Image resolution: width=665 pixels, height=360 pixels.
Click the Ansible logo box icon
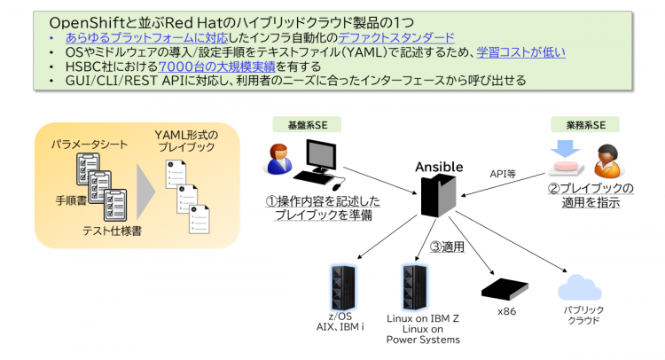pos(438,196)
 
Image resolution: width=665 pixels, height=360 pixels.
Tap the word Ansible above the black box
pos(439,167)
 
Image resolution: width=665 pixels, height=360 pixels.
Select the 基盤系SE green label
pos(307,125)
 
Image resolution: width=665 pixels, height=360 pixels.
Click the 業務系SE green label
pos(585,125)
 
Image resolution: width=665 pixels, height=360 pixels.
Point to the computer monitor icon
pos(321,156)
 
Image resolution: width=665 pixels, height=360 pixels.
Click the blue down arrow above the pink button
pos(565,149)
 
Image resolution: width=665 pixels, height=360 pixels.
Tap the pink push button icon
pos(566,168)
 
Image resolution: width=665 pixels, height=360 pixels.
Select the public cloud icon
pos(580,288)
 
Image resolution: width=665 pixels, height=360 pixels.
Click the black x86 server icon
pos(505,289)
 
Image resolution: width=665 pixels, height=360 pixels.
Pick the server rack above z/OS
pos(342,288)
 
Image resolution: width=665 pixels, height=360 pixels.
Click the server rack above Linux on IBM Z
pos(414,288)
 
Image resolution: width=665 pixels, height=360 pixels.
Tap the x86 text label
pos(507,311)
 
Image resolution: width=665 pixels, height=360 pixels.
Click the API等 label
pos(503,174)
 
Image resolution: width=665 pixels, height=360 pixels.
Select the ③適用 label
pos(448,247)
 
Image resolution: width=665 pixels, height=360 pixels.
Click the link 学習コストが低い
pos(520,52)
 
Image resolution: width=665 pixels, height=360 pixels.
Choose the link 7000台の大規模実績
pos(216,67)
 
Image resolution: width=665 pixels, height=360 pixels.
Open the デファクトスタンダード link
pos(396,38)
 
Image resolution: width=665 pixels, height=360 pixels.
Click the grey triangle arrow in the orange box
pos(145,192)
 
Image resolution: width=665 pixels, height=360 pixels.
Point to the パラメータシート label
pos(90,145)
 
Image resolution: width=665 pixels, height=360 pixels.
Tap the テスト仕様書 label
pos(112,231)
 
